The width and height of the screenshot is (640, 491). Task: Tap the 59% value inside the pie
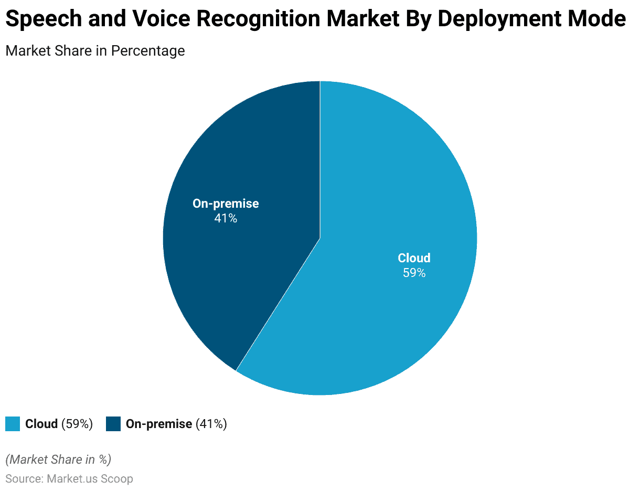[x=414, y=273]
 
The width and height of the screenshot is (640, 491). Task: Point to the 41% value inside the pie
[x=226, y=218]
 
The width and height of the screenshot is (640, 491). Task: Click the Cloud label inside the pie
[x=414, y=258]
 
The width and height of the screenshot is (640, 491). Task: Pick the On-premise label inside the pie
[x=226, y=204]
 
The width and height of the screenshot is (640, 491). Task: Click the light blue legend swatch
[x=13, y=424]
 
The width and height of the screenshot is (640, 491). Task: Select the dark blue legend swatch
[x=113, y=424]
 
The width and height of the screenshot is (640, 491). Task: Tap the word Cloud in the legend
[x=41, y=424]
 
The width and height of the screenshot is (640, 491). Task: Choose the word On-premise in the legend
[x=159, y=424]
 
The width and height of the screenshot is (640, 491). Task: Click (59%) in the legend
[x=77, y=424]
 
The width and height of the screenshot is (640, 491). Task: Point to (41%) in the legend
[x=211, y=424]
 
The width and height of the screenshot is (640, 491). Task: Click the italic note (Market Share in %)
[x=58, y=460]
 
